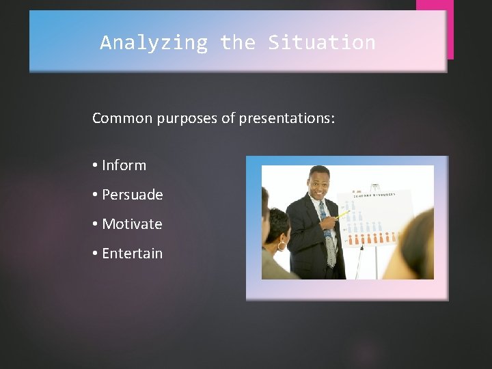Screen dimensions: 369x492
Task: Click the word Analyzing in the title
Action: click(153, 42)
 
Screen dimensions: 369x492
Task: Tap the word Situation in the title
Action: click(321, 42)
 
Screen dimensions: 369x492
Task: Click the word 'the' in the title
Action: click(237, 42)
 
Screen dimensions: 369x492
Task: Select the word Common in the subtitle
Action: click(122, 118)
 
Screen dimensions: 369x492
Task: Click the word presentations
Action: click(286, 118)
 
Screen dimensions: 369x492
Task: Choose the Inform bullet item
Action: click(124, 165)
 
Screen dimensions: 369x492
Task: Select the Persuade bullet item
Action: click(132, 195)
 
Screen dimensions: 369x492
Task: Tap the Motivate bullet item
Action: click(132, 224)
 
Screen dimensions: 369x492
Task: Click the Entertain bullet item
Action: click(132, 254)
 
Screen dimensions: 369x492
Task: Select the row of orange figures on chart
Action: click(373, 238)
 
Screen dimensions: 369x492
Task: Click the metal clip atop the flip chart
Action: click(374, 186)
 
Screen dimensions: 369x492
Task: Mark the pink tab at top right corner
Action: click(435, 27)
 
